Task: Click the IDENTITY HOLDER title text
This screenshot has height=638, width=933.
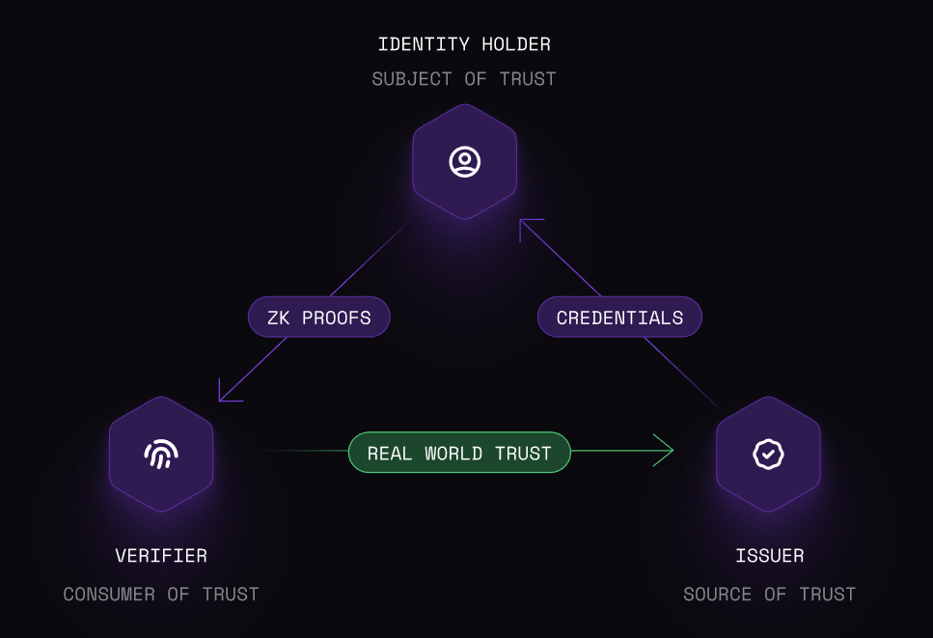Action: (x=464, y=44)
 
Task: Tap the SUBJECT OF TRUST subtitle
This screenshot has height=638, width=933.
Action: (x=464, y=79)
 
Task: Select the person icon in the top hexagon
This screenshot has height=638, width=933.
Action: (x=465, y=161)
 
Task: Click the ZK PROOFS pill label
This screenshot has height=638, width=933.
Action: (x=318, y=318)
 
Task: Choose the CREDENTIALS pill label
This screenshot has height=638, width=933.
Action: (x=619, y=318)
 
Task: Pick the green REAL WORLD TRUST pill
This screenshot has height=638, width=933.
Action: (x=459, y=453)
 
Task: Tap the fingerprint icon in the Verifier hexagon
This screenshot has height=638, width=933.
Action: (x=161, y=454)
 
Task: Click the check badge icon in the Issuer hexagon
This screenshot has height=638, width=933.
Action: (x=768, y=454)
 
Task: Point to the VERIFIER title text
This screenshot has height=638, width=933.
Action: (x=161, y=556)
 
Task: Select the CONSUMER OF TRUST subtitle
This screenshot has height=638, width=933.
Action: (x=161, y=595)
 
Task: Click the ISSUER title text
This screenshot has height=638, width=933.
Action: (x=769, y=556)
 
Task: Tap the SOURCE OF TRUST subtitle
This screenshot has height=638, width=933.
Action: (x=769, y=595)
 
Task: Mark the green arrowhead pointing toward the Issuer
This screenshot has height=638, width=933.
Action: (x=665, y=451)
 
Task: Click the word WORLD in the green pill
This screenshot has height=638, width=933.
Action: (x=453, y=453)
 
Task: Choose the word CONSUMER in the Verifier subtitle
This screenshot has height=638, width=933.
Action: (x=110, y=595)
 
